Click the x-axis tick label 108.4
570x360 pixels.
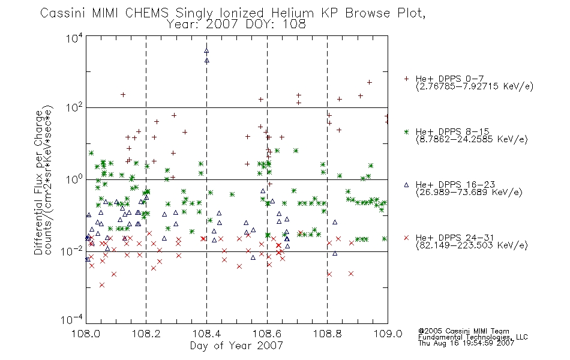coord(207,334)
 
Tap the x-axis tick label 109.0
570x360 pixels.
coord(388,334)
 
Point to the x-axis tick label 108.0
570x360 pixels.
coord(86,334)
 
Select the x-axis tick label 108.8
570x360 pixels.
coord(328,334)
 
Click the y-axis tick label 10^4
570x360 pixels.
coord(74,38)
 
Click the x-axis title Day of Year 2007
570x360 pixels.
coord(236,346)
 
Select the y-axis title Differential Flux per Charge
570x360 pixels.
coord(39,182)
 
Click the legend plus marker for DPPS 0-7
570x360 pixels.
coord(406,79)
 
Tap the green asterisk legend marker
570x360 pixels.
coord(406,131)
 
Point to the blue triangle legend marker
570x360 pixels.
coord(406,185)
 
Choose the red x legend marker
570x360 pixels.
coord(406,238)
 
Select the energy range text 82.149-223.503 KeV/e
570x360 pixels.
coord(472,245)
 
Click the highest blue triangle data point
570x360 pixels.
coord(206,51)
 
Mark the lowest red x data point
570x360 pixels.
coord(102,285)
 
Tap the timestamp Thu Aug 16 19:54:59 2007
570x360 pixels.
coord(466,343)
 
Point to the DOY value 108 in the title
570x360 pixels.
coord(295,25)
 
